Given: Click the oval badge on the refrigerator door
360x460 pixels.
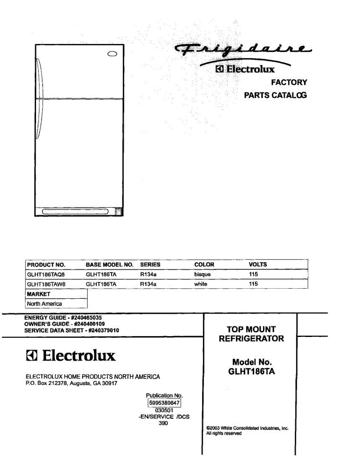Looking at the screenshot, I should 112,54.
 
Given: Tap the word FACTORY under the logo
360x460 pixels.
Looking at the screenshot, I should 289,82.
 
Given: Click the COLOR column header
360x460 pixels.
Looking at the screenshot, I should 204,264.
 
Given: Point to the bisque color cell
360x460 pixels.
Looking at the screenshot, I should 202,274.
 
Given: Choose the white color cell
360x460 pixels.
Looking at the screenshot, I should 201,284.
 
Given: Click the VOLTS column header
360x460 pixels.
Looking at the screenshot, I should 258,264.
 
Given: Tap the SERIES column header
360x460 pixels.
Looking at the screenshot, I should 150,264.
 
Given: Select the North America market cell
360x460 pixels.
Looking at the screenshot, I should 44,304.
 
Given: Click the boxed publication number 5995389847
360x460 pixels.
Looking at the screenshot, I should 164,403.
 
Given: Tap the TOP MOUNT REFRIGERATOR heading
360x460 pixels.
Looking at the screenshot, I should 252,334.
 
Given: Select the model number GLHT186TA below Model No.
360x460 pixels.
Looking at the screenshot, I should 252,371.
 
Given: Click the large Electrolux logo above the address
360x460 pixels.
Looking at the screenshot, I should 71,355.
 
